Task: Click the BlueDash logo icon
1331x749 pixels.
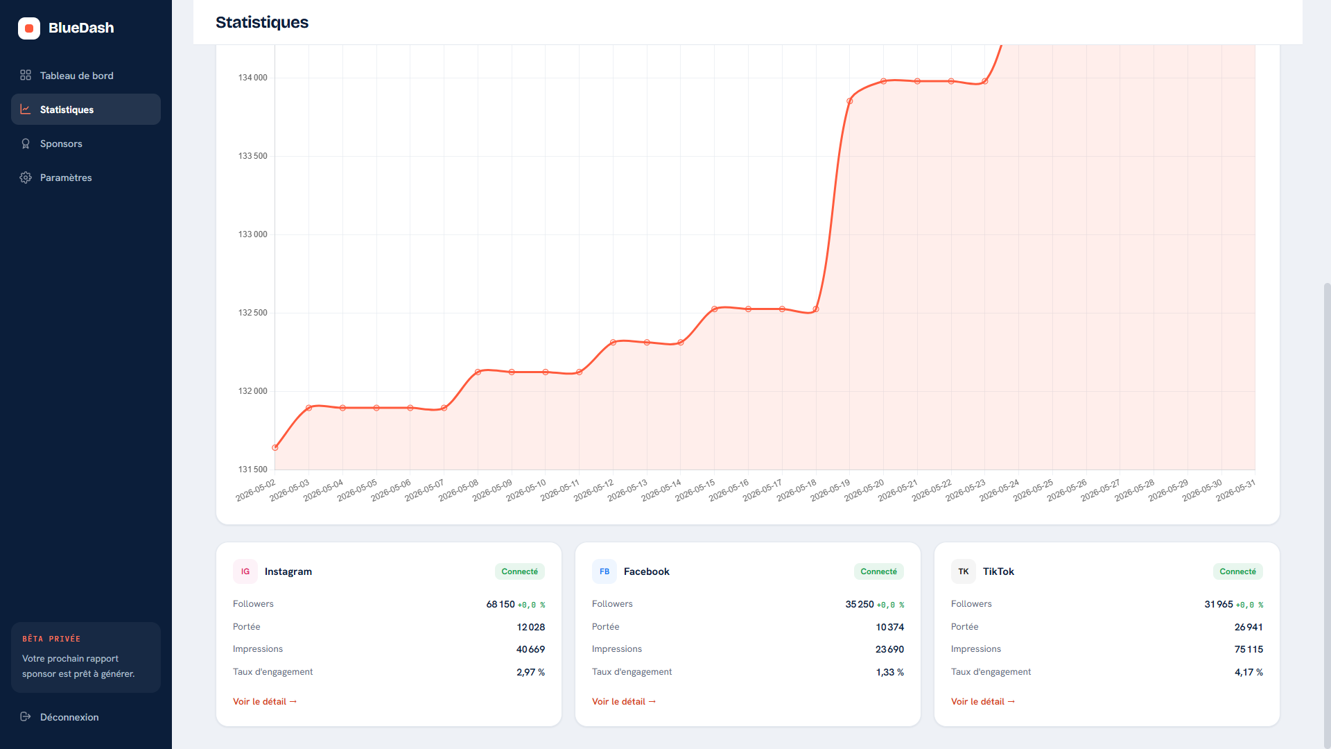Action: (29, 28)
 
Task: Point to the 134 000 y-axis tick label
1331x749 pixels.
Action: (252, 78)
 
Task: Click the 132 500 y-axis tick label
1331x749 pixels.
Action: (252, 313)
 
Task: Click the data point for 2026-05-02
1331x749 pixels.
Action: (275, 448)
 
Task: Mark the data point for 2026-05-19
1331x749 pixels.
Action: (850, 101)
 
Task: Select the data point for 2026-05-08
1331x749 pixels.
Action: (478, 372)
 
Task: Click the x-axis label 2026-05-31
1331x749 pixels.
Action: (1235, 490)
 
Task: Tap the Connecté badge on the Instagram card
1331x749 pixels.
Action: (520, 571)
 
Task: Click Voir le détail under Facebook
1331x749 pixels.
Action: (624, 702)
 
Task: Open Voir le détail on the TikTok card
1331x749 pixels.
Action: (983, 702)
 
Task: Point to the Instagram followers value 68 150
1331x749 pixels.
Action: (501, 604)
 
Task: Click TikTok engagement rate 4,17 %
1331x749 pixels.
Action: (1249, 672)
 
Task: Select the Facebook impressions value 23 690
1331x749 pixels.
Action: (889, 649)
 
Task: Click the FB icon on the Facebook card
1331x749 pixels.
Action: (604, 571)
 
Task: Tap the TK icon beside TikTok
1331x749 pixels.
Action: (964, 571)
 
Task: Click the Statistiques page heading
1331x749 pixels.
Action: (262, 22)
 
